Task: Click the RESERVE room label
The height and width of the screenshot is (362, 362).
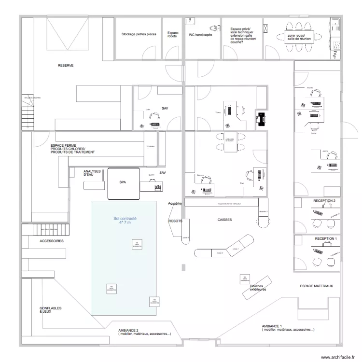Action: tap(66, 65)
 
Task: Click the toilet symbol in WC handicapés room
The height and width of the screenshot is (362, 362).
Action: tap(211, 27)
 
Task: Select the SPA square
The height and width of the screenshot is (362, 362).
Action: tap(124, 183)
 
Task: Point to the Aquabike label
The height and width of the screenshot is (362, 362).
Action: tap(174, 205)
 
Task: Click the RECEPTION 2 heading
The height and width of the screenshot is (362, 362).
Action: tap(324, 200)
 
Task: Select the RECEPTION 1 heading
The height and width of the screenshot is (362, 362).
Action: tap(326, 239)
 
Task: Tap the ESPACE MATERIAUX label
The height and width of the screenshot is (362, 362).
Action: tap(317, 286)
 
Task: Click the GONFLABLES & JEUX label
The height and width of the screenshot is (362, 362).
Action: tap(50, 309)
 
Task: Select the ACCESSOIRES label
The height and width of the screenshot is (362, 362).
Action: tap(52, 240)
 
